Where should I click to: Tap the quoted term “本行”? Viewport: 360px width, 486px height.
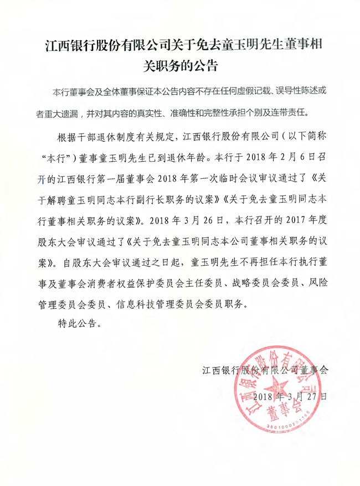[57, 156]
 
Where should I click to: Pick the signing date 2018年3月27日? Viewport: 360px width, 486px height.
[288, 396]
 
